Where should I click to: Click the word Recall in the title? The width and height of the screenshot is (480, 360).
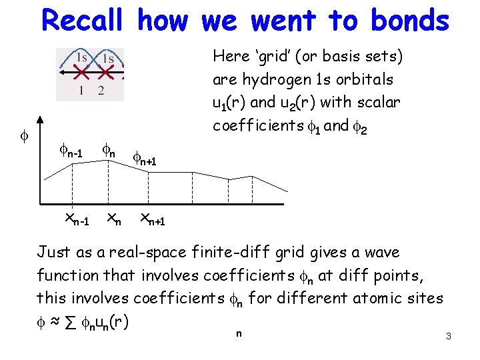point(82,21)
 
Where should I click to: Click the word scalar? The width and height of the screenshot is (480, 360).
point(377,102)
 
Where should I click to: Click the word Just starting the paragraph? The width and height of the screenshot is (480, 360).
point(53,252)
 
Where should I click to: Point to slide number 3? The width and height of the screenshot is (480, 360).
point(449,337)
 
